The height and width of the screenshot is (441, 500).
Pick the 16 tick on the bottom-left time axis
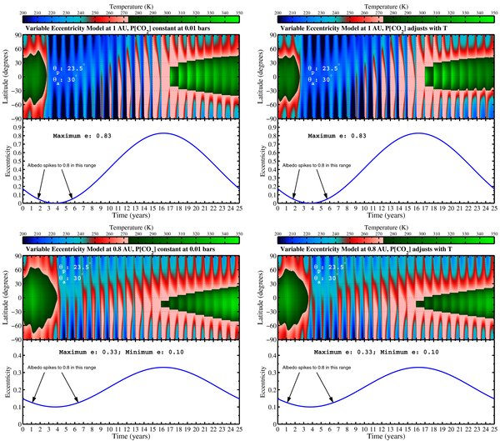click(165, 429)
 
